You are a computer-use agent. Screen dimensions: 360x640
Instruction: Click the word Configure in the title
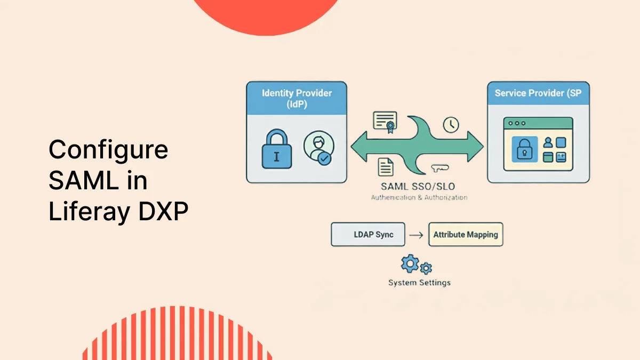pos(108,150)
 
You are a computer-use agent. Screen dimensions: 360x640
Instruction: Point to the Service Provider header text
pos(538,93)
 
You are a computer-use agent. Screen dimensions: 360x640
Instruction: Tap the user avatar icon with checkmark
pos(318,148)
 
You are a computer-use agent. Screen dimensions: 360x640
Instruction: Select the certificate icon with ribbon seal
pos(385,121)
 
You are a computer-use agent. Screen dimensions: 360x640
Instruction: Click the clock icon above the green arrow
pos(451,124)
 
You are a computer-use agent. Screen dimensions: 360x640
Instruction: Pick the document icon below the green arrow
pos(385,167)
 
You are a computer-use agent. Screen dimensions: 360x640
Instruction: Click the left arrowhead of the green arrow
pos(358,145)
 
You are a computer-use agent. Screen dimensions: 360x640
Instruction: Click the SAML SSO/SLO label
pos(419,187)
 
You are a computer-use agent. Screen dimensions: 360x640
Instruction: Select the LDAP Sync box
pos(369,235)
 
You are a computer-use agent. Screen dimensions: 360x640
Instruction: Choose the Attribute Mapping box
pos(466,235)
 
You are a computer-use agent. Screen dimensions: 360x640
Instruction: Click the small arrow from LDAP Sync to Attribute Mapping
pos(418,235)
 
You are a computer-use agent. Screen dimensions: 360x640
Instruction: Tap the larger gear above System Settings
pos(410,263)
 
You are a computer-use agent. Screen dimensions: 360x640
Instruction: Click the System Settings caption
pos(419,283)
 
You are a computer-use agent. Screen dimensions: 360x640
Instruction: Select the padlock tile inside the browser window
pos(524,149)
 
